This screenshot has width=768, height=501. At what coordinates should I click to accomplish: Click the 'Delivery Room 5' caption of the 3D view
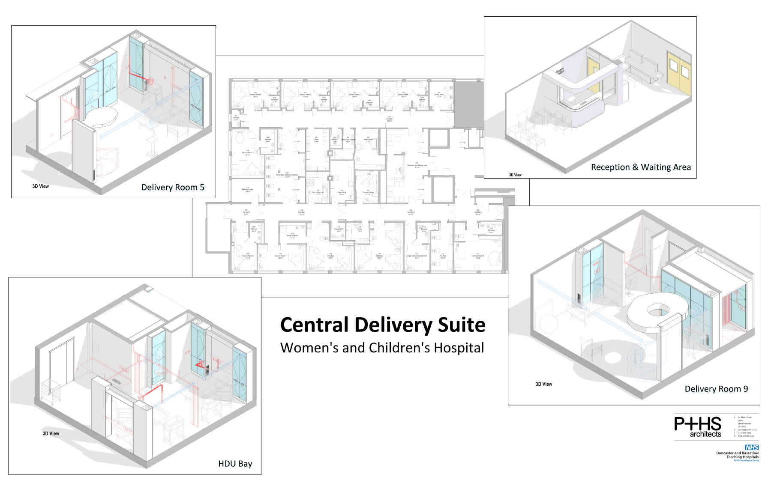pyautogui.click(x=173, y=187)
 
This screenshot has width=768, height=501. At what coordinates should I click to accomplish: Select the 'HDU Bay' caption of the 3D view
pyautogui.click(x=235, y=463)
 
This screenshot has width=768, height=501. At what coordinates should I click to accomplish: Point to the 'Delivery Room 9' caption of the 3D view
pyautogui.click(x=716, y=389)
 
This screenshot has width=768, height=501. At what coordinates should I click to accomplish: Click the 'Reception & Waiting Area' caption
pyautogui.click(x=641, y=167)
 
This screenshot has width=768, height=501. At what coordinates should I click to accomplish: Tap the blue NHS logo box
pyautogui.click(x=752, y=447)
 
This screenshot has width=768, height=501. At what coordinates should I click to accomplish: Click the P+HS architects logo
pyautogui.click(x=698, y=426)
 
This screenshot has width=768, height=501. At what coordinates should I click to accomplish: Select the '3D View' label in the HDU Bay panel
pyautogui.click(x=51, y=433)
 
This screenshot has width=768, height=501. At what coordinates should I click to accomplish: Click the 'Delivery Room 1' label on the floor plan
pyautogui.click(x=404, y=95)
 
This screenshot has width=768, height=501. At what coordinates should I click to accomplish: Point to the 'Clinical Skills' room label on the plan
pyautogui.click(x=439, y=95)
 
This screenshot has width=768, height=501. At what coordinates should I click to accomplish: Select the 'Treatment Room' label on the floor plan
pyautogui.click(x=368, y=193)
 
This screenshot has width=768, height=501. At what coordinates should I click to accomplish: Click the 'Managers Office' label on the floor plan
pyautogui.click(x=247, y=190)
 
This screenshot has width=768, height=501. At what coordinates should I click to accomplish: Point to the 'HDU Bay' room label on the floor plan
pyautogui.click(x=330, y=256)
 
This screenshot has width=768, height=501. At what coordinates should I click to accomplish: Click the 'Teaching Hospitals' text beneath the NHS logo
pyautogui.click(x=742, y=457)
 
